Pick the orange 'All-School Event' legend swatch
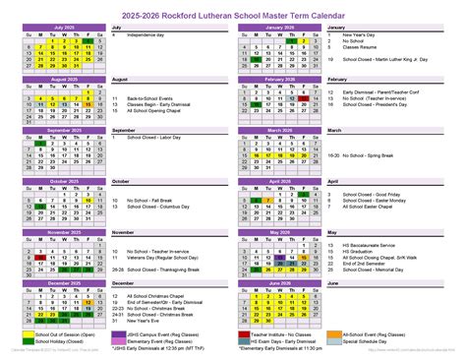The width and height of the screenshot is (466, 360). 348,333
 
